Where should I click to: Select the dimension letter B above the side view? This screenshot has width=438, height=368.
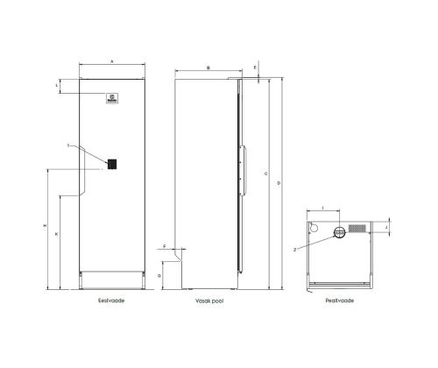click(208, 67)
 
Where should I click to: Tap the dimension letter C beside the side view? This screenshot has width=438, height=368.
click(265, 175)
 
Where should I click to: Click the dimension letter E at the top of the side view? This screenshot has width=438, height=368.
click(255, 67)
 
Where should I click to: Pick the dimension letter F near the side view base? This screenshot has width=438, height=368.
click(165, 248)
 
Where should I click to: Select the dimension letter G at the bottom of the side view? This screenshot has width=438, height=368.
click(160, 275)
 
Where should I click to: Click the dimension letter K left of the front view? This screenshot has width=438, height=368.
click(57, 236)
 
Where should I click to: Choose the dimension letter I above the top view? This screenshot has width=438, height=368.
click(325, 208)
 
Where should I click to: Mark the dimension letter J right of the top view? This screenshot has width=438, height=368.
click(387, 227)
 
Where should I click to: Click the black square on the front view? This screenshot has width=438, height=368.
click(113, 163)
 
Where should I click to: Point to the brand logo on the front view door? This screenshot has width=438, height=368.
click(111, 100)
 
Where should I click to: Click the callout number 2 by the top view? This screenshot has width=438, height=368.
click(297, 249)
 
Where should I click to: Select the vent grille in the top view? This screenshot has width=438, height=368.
click(357, 228)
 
